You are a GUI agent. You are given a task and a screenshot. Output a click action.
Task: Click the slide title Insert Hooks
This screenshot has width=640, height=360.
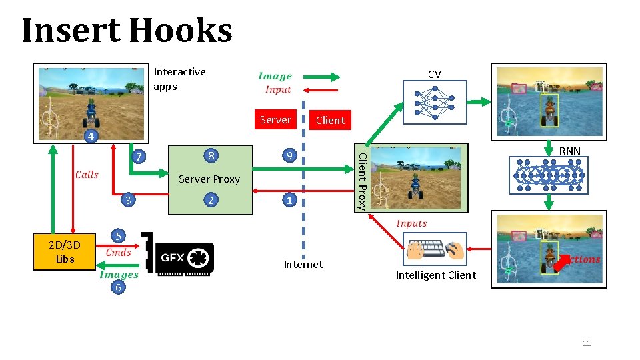click(127, 31)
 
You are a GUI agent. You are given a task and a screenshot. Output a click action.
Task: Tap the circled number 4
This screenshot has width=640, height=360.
click(91, 137)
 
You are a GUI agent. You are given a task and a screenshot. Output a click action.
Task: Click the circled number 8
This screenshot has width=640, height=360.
click(211, 156)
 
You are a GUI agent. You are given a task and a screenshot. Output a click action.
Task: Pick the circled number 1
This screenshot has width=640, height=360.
click(289, 200)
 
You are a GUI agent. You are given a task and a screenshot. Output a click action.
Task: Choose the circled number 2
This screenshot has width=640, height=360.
click(211, 201)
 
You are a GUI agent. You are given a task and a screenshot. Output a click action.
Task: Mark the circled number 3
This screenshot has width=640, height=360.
click(128, 200)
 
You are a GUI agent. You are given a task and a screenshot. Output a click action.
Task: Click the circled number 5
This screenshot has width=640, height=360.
click(118, 236)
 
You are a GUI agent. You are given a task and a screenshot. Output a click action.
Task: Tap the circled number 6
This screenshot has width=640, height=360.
click(118, 287)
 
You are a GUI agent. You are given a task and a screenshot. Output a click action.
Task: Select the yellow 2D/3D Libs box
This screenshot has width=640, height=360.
click(65, 251)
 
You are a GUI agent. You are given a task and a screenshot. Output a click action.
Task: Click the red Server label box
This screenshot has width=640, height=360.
click(275, 120)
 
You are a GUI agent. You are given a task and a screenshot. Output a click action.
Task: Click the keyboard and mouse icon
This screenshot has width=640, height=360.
click(435, 250)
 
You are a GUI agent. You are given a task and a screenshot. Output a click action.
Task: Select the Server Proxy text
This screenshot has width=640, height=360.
click(209, 179)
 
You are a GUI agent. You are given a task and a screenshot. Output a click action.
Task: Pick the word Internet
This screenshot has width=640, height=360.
click(303, 265)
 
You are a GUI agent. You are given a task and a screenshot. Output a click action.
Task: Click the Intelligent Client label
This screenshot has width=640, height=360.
click(435, 275)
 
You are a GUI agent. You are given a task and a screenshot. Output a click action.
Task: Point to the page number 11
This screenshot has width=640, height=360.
click(587, 343)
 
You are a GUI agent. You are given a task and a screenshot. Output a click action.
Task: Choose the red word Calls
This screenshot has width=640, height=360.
click(87, 175)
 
